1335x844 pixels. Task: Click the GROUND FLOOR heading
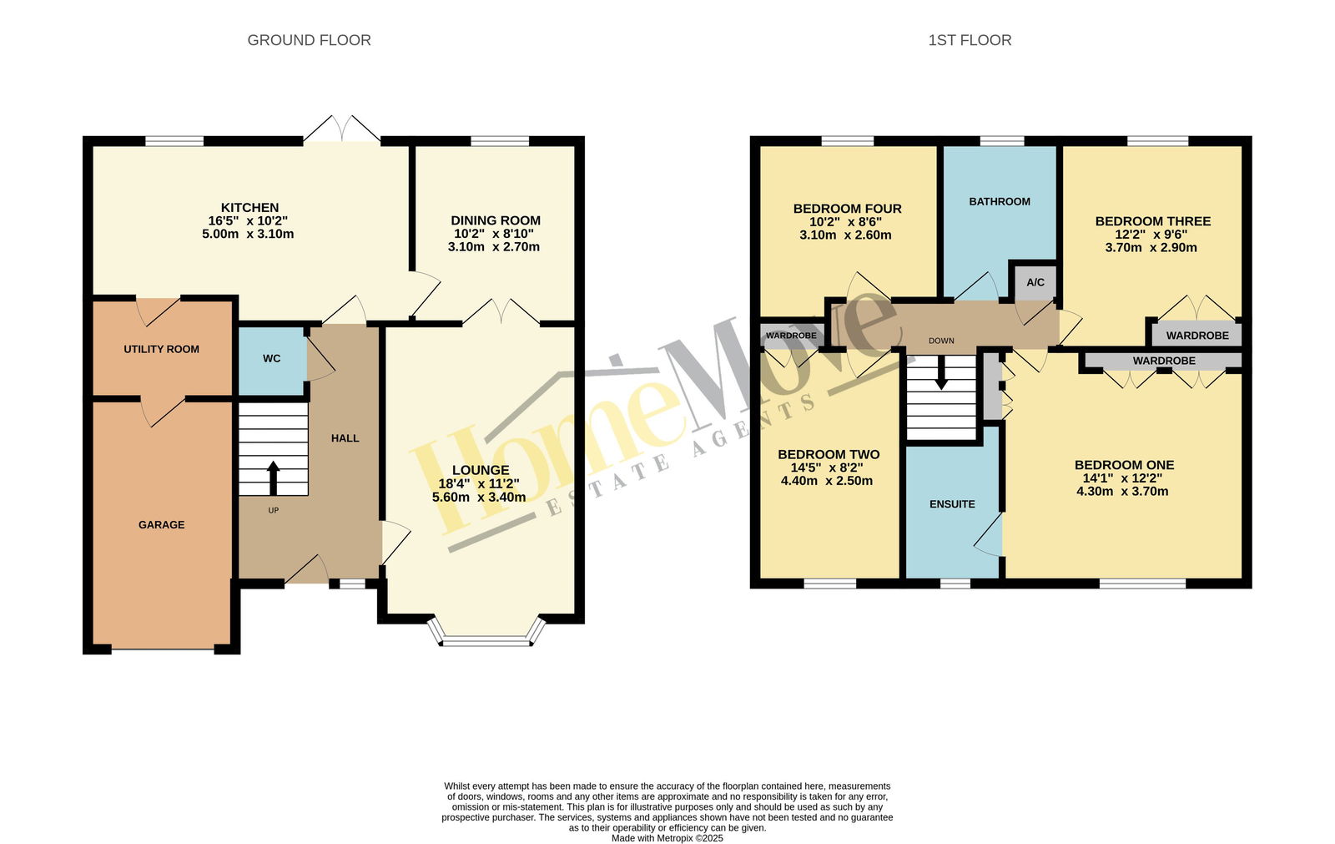pos(309,40)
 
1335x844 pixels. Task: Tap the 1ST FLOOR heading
pos(970,40)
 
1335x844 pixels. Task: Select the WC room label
pos(272,358)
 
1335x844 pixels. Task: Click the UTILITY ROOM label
pos(162,349)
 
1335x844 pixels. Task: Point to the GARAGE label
pos(162,525)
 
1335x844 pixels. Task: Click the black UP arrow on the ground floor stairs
pos(273,478)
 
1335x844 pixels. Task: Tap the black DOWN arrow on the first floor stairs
pos(941,373)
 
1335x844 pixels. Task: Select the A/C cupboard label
pos(1035,282)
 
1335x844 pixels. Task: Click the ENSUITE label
pos(952,504)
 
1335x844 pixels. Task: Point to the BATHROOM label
pos(1000,201)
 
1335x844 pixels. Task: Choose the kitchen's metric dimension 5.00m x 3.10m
pos(248,234)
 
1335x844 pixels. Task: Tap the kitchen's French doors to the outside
pos(342,129)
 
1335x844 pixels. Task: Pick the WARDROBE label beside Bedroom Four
pos(791,336)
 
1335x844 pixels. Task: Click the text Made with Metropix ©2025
pos(667,838)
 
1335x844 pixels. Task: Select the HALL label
pos(345,438)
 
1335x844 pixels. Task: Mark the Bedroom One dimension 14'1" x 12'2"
pos(1122,478)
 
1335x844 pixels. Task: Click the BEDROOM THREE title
pos(1152,221)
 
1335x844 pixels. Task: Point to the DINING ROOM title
pos(496,220)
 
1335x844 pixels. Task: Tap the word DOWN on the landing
pos(941,341)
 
